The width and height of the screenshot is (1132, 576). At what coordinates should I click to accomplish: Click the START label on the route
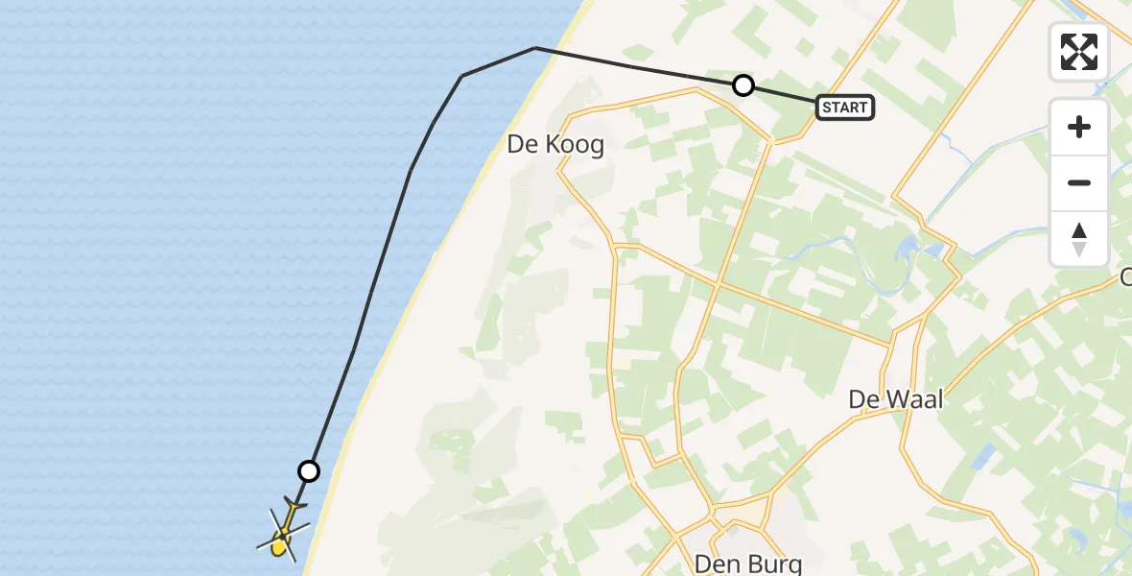click(844, 108)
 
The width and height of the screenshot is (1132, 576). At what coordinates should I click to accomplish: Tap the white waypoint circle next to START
click(743, 85)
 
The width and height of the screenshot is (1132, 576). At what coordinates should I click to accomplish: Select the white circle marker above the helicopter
click(309, 470)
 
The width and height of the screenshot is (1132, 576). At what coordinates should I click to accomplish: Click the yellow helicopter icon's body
click(280, 543)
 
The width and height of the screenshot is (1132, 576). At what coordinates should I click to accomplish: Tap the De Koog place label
click(556, 145)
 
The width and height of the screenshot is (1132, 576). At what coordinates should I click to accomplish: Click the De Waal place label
click(896, 399)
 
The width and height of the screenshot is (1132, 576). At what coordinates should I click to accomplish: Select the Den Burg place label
click(748, 563)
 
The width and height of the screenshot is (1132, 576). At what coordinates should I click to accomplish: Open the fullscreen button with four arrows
click(1079, 52)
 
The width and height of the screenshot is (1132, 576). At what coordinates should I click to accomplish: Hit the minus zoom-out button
click(1079, 183)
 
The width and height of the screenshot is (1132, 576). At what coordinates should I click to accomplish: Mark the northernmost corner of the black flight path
click(535, 48)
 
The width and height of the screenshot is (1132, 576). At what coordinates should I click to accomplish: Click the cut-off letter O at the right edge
click(1126, 277)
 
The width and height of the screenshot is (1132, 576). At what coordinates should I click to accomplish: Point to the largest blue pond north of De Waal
click(906, 251)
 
